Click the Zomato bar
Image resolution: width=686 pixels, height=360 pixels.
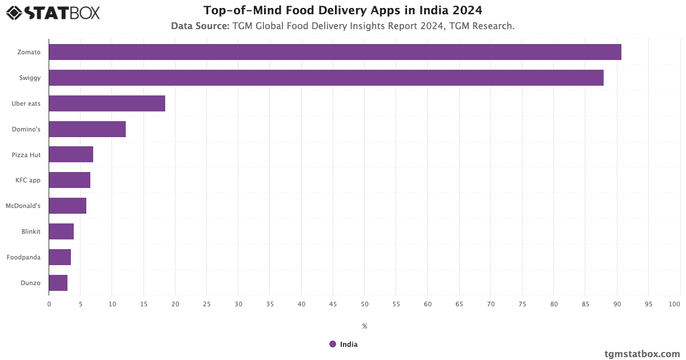tap(335, 52)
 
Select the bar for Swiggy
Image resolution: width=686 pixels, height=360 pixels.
tap(326, 78)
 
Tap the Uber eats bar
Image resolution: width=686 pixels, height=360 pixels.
tap(107, 103)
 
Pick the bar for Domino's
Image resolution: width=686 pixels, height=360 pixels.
tap(87, 129)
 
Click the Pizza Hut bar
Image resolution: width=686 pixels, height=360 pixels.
tap(71, 154)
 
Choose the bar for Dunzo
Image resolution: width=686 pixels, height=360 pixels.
tap(58, 283)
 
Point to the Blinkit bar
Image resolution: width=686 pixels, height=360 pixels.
tap(61, 231)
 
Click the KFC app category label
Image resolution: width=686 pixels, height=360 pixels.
tap(27, 180)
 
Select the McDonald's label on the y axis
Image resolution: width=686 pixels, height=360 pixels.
tap(23, 206)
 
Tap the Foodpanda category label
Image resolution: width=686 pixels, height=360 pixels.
tap(23, 257)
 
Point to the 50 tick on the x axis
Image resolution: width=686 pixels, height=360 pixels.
tap(365, 304)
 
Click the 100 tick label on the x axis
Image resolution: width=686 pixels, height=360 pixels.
tap(675, 304)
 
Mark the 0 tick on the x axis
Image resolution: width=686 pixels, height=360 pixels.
tap(49, 304)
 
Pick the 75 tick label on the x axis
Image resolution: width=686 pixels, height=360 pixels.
tap(523, 304)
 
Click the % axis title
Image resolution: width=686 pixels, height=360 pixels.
tap(365, 326)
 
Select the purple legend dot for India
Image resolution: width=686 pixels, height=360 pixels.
tap(333, 344)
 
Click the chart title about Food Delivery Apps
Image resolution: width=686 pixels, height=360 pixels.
tap(342, 10)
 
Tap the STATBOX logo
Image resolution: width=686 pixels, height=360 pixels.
tap(53, 12)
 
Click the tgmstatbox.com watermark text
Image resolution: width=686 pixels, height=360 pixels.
tap(642, 354)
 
